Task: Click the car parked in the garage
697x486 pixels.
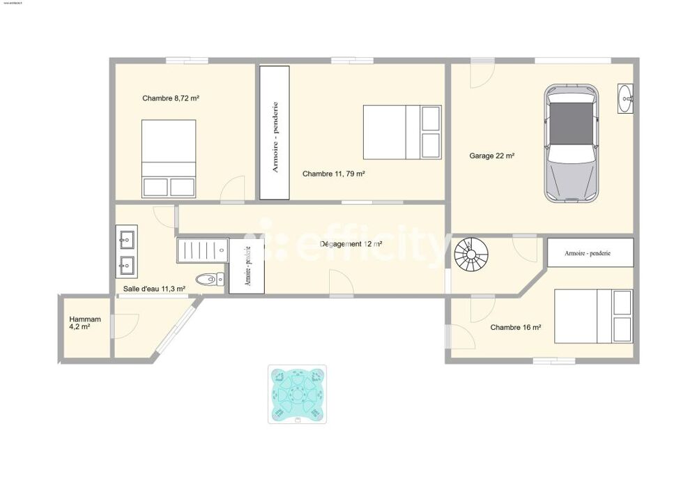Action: [571, 143]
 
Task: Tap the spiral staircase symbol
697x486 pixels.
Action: [473, 255]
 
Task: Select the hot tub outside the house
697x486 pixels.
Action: [297, 394]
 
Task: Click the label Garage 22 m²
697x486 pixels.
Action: [491, 156]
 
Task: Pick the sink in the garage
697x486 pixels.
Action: [626, 98]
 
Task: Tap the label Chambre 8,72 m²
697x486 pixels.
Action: [171, 98]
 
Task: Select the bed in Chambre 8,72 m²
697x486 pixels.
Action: [169, 159]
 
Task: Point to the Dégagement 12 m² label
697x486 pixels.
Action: [351, 244]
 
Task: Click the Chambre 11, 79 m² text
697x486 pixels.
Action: [334, 174]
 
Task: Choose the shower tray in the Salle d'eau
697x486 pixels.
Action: [202, 250]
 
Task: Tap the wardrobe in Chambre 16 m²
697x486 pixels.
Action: [590, 252]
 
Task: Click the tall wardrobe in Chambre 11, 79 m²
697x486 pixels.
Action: [275, 132]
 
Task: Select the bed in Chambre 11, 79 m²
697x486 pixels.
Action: [402, 132]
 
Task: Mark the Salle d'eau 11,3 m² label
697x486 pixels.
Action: [154, 289]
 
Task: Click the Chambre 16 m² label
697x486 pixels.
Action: [516, 327]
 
